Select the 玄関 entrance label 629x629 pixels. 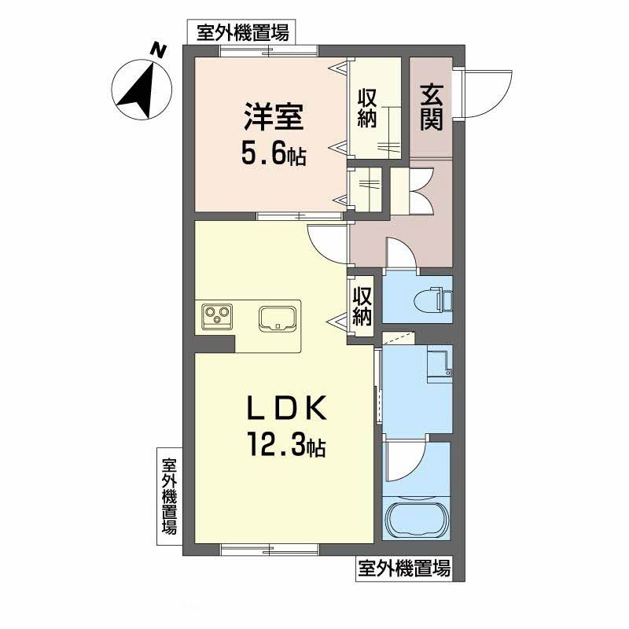431,108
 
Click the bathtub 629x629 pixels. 417,519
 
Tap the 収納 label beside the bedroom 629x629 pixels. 367,109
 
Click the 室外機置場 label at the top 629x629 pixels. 242,32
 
